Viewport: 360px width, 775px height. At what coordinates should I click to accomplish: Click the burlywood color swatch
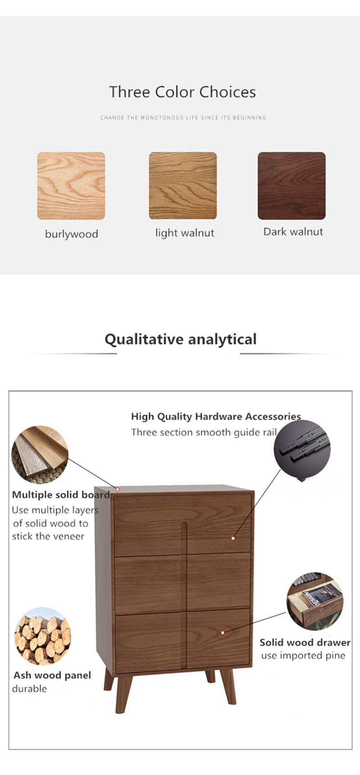click(x=71, y=186)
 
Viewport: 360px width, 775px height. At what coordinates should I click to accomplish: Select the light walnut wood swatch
click(x=183, y=185)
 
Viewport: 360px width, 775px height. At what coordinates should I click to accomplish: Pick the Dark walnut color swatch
click(x=292, y=185)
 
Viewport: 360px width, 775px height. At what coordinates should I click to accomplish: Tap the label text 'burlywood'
click(x=72, y=234)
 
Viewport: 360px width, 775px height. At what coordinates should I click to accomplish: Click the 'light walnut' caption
click(x=184, y=233)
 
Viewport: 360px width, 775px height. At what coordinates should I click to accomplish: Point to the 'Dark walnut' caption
click(x=293, y=232)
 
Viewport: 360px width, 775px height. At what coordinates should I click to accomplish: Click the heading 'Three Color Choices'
click(x=182, y=92)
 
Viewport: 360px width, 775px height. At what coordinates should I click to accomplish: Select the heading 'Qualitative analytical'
click(x=180, y=339)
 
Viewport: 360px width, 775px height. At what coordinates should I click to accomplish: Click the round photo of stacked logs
click(x=42, y=636)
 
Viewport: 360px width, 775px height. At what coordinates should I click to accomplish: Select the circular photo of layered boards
click(x=40, y=455)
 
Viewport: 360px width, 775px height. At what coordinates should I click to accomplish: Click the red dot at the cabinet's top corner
click(x=117, y=489)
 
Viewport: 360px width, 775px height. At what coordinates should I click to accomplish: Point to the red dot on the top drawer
click(x=233, y=538)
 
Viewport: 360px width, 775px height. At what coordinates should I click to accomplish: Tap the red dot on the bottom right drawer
click(x=222, y=632)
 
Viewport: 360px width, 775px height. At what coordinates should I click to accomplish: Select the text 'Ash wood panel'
click(x=52, y=675)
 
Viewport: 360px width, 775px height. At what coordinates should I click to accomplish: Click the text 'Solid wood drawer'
click(x=305, y=643)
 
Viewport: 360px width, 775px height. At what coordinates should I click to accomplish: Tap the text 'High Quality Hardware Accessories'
click(x=216, y=417)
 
